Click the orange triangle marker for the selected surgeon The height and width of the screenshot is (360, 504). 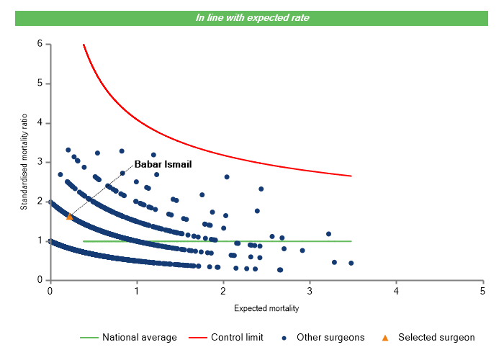tap(69, 216)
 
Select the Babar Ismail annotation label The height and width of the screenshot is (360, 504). tap(163, 164)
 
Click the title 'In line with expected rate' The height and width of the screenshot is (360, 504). tap(252, 17)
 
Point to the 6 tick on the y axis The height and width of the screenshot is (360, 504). tap(40, 44)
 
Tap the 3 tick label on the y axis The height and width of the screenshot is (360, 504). tap(40, 162)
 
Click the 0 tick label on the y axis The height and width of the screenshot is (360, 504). tap(40, 280)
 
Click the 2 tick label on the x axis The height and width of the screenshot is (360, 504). tap(223, 291)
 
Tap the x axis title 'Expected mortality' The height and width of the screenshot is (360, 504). tap(266, 309)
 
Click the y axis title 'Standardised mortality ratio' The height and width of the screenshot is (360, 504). tap(24, 162)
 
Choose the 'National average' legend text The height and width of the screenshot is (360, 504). tap(139, 337)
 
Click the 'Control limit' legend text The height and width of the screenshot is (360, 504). tap(237, 337)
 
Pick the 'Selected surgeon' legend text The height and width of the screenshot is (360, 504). tap(436, 337)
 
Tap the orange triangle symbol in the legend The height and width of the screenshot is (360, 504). tap(384, 337)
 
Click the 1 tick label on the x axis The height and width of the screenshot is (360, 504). tap(137, 291)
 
